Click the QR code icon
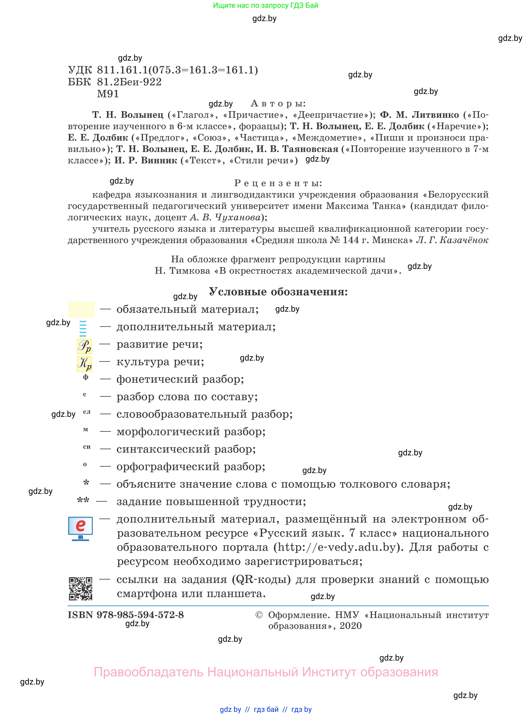click(x=80, y=588)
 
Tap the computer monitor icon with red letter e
click(x=80, y=528)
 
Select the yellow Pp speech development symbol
click(x=84, y=346)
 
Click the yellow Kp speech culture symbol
click(x=84, y=363)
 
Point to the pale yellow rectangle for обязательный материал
click(x=81, y=309)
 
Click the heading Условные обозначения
click(x=278, y=292)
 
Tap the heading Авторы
click(x=278, y=103)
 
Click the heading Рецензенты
click(x=278, y=183)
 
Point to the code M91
click(x=108, y=94)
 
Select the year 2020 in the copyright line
click(x=351, y=626)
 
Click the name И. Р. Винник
click(x=146, y=160)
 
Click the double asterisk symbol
click(x=83, y=500)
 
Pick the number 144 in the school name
click(x=351, y=240)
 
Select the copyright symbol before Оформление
click(x=259, y=615)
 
